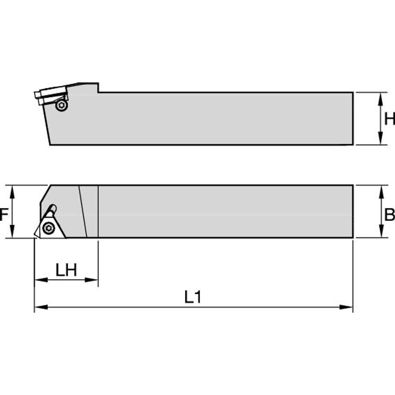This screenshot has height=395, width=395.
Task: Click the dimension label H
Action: [389, 119]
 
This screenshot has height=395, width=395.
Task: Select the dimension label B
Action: [389, 214]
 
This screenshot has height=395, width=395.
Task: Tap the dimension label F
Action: [4, 215]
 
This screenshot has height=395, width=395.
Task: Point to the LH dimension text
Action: [66, 270]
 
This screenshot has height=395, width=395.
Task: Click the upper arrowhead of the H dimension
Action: [380, 98]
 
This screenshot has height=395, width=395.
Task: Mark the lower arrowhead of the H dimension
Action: [380, 139]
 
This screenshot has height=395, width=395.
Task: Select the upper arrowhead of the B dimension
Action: [380, 191]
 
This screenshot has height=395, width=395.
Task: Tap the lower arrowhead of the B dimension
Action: [380, 233]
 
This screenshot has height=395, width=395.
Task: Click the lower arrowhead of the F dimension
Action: [13, 233]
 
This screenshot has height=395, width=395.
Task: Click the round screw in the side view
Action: [61, 106]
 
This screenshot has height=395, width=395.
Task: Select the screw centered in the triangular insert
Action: [48, 228]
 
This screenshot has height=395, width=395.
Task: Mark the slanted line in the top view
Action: [82, 211]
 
